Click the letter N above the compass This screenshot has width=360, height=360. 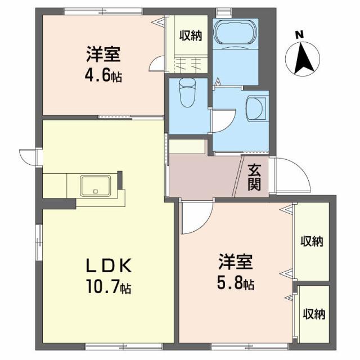coord(300,35)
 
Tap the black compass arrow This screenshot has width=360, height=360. coord(304,58)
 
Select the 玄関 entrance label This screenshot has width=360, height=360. coord(254,177)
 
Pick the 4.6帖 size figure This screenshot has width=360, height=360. coord(102,76)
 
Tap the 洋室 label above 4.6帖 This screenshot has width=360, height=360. coord(103,55)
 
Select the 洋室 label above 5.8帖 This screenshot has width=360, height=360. coord(237,262)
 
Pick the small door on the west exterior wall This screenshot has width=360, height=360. coord(28,157)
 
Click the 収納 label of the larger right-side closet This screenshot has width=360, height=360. coord(311,242)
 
